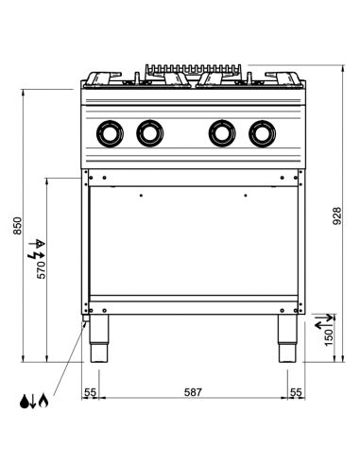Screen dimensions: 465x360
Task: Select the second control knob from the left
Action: click(x=149, y=133)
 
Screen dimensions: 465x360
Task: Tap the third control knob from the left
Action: click(x=220, y=133)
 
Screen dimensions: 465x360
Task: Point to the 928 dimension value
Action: click(x=338, y=215)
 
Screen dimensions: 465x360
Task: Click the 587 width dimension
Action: click(x=193, y=391)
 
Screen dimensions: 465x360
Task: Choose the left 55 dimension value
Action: click(x=91, y=391)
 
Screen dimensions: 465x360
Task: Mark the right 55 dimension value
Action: click(x=295, y=391)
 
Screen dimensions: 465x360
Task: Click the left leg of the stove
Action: click(x=98, y=343)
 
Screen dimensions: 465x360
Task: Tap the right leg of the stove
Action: click(x=287, y=343)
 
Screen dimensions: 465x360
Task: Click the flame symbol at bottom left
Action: click(x=44, y=401)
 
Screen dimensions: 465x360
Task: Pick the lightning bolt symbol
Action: click(x=38, y=251)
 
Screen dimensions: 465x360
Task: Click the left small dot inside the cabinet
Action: click(x=140, y=196)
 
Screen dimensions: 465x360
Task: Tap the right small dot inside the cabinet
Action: click(x=245, y=196)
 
